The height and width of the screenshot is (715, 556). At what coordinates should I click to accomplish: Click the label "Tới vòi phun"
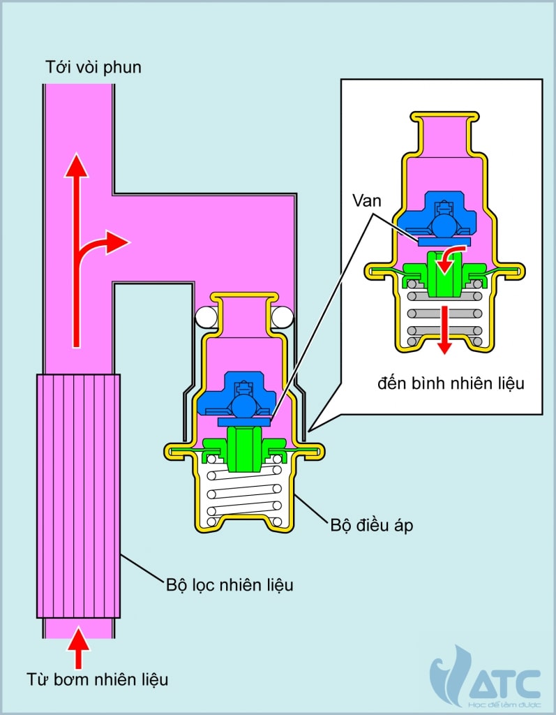[x=93, y=68]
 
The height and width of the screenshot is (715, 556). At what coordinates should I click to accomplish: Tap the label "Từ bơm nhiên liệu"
[x=98, y=678]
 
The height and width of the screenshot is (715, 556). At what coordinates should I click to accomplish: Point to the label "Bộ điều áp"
[x=371, y=525]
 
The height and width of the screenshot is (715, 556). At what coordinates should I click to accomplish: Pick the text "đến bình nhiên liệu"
[x=451, y=383]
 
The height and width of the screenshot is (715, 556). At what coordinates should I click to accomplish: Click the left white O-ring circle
[x=206, y=318]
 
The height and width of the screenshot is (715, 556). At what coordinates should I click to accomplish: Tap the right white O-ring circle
[x=282, y=318]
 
